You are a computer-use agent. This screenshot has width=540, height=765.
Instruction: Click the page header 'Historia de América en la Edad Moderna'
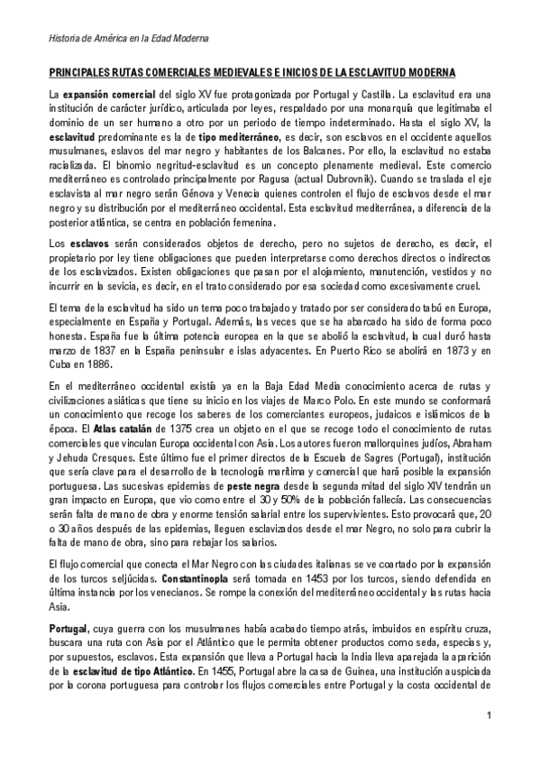click(x=128, y=40)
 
